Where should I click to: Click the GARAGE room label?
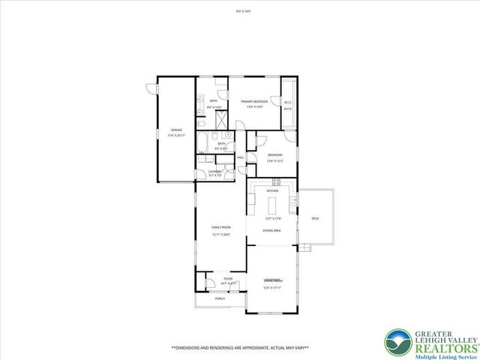pos(176,130)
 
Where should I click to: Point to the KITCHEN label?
pos(272,190)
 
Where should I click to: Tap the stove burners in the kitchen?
pos(276,181)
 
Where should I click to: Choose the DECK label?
pos(315,218)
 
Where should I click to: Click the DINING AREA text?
pos(271,230)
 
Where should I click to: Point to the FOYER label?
pos(227,278)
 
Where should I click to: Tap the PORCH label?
pos(220,298)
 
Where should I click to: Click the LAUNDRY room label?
pos(215,172)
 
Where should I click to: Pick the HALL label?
pos(241,157)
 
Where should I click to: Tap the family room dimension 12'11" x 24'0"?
pos(220,235)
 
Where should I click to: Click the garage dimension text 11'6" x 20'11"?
pos(176,135)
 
